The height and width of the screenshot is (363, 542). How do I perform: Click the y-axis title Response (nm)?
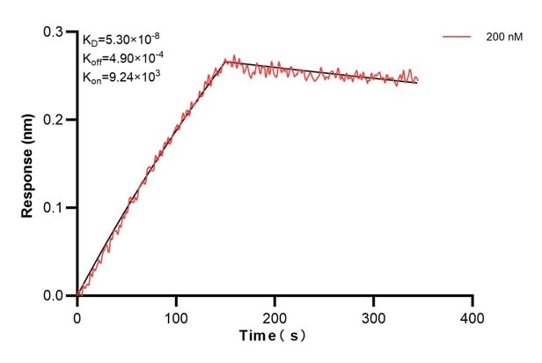28,164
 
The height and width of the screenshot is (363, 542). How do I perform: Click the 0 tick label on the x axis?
77,315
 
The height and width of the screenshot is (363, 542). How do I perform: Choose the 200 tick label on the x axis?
275,315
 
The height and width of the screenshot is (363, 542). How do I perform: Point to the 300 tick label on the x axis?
374,315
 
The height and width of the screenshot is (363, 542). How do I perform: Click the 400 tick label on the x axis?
473,315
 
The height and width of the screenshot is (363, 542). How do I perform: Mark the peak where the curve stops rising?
227,60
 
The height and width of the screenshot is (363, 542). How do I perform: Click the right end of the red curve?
417,81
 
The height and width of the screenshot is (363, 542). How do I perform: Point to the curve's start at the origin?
77,296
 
